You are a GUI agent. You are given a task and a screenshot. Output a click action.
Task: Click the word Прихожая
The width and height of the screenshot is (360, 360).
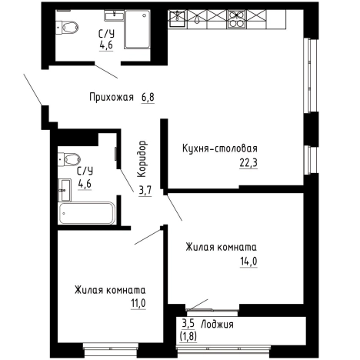(112, 98)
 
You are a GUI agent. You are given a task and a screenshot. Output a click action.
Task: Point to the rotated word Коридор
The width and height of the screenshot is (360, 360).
(143, 158)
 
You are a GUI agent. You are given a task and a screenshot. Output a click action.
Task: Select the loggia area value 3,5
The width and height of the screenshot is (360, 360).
(188, 325)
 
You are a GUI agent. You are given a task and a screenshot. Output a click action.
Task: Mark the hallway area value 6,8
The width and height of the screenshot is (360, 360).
(148, 98)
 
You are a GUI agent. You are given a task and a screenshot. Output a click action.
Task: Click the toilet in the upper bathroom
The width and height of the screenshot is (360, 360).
(69, 28)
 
